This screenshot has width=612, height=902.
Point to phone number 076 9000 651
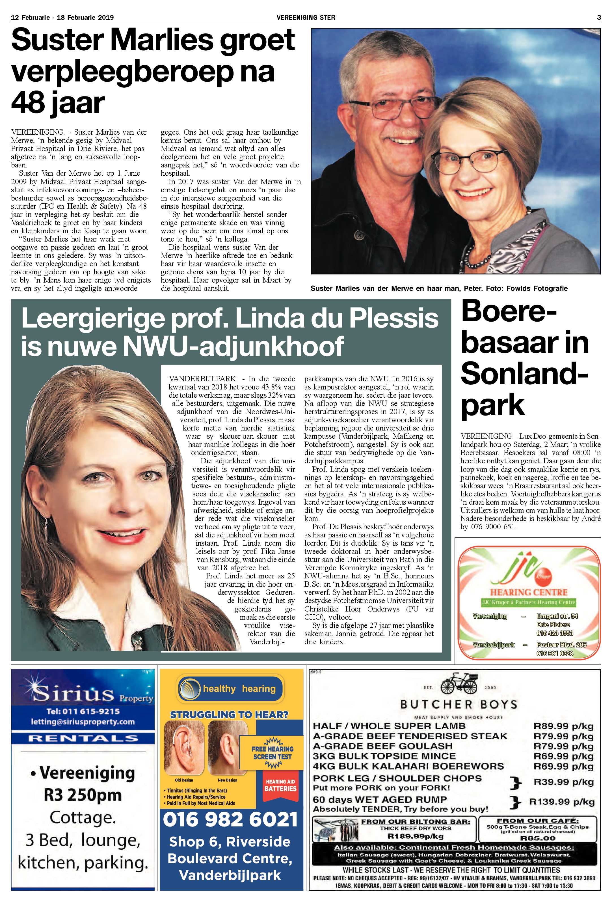point(492,527)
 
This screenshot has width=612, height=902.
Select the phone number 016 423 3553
point(555,633)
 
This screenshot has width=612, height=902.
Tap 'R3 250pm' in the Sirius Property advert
point(83,795)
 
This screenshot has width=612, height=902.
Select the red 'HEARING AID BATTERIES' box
point(280,785)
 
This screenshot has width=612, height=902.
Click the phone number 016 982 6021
point(230,819)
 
